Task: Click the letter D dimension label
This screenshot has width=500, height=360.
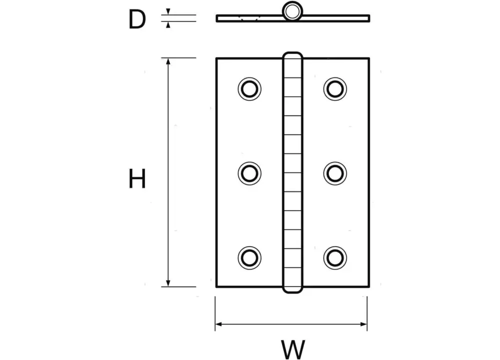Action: point(137,19)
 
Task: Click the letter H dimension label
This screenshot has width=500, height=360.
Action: point(137,178)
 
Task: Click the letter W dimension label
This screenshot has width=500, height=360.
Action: point(293,349)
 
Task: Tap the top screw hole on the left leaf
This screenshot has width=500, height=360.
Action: point(249,89)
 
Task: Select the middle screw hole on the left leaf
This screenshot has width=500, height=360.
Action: point(249,173)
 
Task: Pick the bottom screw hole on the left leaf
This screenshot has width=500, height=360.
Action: point(249,257)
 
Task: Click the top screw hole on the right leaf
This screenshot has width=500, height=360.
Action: point(335,89)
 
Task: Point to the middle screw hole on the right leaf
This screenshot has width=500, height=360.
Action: point(335,173)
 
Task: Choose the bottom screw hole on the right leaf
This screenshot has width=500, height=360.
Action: point(335,257)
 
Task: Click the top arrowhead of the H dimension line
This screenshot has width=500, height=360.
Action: point(168,61)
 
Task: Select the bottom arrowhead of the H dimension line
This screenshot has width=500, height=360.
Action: point(168,283)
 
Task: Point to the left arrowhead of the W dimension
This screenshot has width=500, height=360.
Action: point(219,324)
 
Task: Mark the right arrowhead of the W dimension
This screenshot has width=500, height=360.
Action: point(363,324)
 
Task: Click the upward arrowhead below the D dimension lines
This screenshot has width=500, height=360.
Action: point(168,25)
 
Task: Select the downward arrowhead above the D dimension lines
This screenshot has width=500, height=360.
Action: point(168,11)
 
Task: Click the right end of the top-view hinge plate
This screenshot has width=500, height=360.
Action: point(369,18)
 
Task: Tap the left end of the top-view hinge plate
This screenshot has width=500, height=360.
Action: point(217,18)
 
